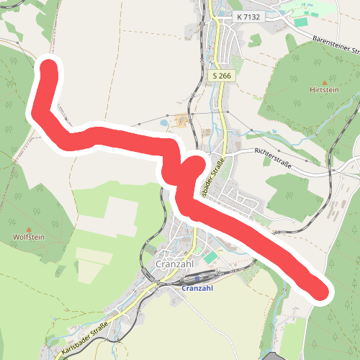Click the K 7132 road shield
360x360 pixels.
click(x=248, y=15)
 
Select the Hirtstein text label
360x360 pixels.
click(x=323, y=90)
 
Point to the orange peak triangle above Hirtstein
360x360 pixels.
click(x=323, y=81)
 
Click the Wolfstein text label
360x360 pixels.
click(x=29, y=236)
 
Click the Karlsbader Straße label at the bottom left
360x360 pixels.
click(x=85, y=338)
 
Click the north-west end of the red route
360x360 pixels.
click(x=48, y=71)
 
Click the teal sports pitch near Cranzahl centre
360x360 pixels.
click(x=210, y=256)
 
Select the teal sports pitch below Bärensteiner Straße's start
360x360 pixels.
click(x=300, y=22)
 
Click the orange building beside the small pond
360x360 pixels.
click(x=180, y=120)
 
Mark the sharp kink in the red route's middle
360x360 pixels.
click(x=193, y=165)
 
